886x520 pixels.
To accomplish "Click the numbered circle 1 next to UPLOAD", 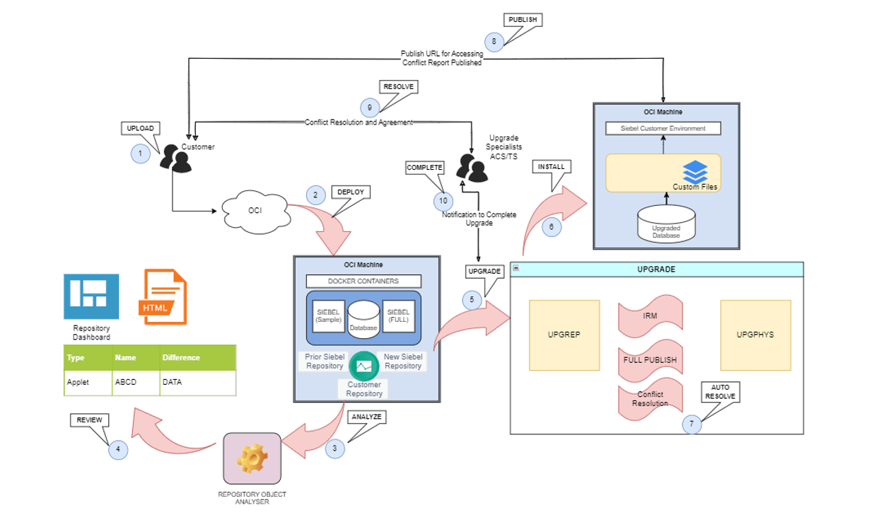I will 140,154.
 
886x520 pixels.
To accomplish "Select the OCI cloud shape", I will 255,210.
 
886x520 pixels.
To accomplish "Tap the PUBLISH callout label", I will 523,20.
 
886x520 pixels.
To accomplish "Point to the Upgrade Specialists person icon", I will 471,166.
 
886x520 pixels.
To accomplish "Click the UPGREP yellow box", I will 564,335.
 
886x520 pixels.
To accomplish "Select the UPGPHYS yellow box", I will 755,335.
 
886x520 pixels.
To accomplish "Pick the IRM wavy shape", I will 650,317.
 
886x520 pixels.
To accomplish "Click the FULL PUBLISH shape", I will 650,360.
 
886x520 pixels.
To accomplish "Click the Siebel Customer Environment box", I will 663,128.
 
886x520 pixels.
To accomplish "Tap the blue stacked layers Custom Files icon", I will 695,171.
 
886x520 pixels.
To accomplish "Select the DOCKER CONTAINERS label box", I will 363,281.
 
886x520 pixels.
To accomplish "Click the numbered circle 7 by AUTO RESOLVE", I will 692,424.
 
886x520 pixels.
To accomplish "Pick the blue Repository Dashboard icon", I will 91,296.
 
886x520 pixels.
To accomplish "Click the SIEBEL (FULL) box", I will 399,316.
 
